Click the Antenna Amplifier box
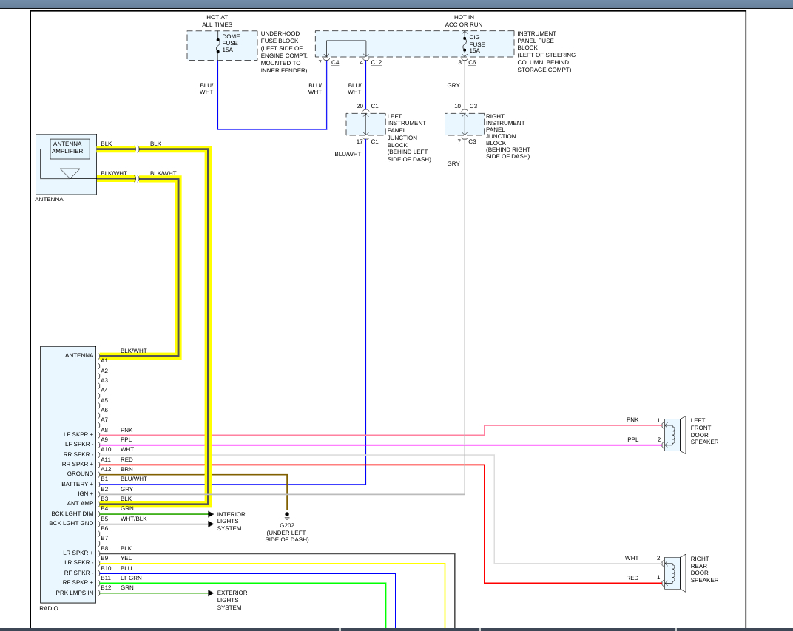(70, 148)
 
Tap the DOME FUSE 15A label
(230, 43)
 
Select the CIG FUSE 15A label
(477, 43)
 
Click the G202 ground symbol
(287, 515)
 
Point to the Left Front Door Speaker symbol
(674, 434)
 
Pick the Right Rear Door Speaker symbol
(674, 573)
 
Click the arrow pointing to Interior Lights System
(210, 514)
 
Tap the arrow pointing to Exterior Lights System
(210, 593)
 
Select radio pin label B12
(105, 587)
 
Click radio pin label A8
(104, 430)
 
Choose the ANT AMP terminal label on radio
(81, 503)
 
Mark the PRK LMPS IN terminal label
(75, 593)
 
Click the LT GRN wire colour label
(130, 578)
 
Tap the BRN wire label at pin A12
(126, 469)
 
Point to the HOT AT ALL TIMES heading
(217, 21)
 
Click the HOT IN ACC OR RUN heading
(464, 21)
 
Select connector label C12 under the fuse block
(376, 63)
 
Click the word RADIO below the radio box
(50, 609)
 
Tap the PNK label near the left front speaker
(632, 419)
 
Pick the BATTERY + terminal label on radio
(78, 484)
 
